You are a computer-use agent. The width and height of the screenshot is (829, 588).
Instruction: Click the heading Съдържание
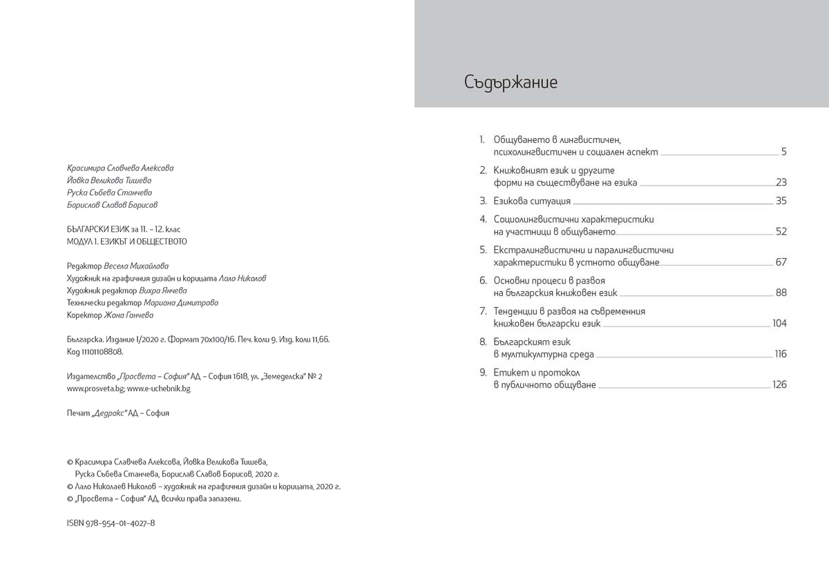tap(511, 83)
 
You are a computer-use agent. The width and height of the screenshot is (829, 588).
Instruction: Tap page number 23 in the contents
tap(781, 183)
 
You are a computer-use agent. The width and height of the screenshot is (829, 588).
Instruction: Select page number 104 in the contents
tap(779, 324)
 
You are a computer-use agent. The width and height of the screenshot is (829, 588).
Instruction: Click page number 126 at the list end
tap(779, 384)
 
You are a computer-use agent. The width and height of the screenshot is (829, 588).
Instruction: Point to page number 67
tap(781, 262)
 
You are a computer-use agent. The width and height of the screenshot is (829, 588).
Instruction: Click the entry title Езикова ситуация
tap(532, 202)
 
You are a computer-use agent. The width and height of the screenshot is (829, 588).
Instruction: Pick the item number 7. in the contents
tap(484, 311)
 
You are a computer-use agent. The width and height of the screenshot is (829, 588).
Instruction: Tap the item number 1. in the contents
tap(484, 139)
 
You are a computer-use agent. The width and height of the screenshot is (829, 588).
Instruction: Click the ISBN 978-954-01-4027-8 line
tap(111, 523)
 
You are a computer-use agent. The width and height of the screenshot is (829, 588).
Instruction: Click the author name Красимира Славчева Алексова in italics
tap(120, 168)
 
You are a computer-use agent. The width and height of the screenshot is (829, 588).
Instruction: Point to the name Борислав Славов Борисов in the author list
tap(112, 205)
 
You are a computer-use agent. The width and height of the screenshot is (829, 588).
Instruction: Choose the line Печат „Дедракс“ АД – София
tap(117, 413)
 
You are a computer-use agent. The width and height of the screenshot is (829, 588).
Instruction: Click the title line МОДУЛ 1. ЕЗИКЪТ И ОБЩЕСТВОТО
tap(126, 242)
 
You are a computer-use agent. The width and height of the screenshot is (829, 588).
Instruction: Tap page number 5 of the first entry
tap(784, 152)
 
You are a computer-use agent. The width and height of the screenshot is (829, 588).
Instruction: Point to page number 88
tap(781, 293)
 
